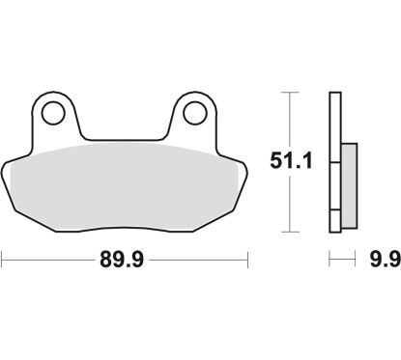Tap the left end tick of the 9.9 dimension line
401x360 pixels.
329,258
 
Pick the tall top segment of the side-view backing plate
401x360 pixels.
334,124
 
